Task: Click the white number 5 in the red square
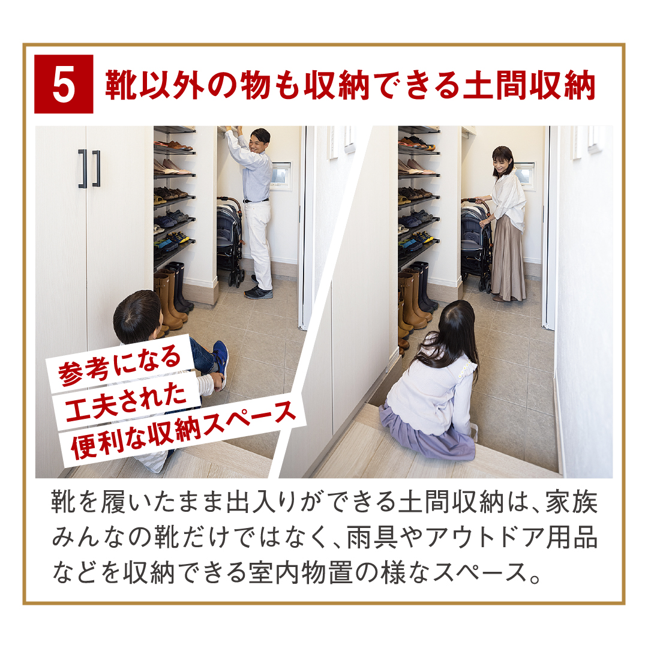(x=64, y=85)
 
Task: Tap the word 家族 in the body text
(x=572, y=503)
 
